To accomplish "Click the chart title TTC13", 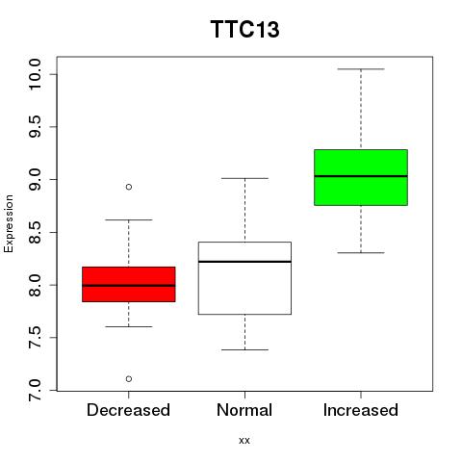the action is (244, 30).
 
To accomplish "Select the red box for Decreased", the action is (129, 284).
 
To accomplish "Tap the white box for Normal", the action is (244, 278).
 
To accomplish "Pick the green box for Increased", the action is (361, 177).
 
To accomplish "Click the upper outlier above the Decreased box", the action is (129, 187).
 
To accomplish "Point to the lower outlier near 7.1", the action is (129, 379).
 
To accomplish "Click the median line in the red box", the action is (129, 285).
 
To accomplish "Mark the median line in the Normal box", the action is (244, 262).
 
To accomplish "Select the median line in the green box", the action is (361, 176).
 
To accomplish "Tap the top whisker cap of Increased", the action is (361, 69).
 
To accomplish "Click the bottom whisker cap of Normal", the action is (244, 349).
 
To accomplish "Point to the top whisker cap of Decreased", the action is (129, 219).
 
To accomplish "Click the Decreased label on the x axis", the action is (128, 410).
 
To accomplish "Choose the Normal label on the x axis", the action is (244, 410).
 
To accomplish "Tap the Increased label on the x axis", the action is (361, 410).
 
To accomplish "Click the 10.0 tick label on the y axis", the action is (35, 74).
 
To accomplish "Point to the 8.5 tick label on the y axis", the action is (35, 232).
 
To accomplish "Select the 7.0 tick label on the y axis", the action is (35, 390).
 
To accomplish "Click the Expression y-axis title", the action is (9, 223).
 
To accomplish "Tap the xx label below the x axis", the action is (244, 441).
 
